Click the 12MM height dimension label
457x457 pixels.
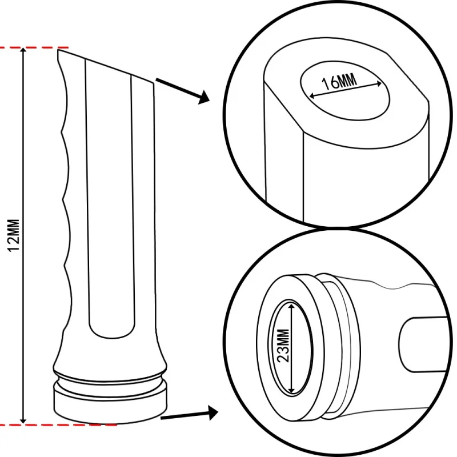pyautogui.click(x=13, y=235)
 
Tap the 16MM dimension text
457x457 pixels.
pyautogui.click(x=339, y=82)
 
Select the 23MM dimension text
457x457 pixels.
pyautogui.click(x=283, y=346)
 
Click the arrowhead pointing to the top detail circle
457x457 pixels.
pyautogui.click(x=204, y=97)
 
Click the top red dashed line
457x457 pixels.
pyautogui.click(x=34, y=47)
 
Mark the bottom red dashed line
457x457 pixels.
pyautogui.click(x=58, y=425)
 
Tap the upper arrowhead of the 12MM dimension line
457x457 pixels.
pyautogui.click(x=23, y=51)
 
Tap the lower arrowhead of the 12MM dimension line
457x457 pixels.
pyautogui.click(x=23, y=420)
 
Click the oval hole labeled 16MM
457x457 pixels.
pyautogui.click(x=345, y=91)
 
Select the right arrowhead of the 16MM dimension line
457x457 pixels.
pyautogui.click(x=378, y=84)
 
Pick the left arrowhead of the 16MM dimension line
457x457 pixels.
pyautogui.click(x=312, y=95)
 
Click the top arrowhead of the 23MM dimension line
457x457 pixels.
pyautogui.click(x=291, y=306)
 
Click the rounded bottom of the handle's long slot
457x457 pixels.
pyautogui.click(x=112, y=332)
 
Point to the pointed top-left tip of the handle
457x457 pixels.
pyautogui.click(x=58, y=50)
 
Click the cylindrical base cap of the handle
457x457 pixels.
pyautogui.click(x=110, y=404)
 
